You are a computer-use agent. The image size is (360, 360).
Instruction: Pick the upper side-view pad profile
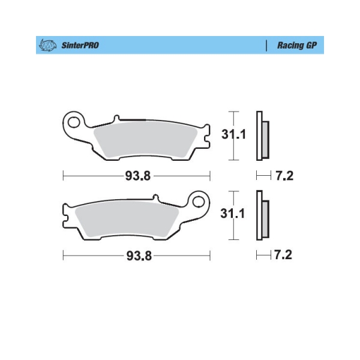(262, 136)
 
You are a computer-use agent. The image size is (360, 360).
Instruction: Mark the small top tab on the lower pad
(154, 197)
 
